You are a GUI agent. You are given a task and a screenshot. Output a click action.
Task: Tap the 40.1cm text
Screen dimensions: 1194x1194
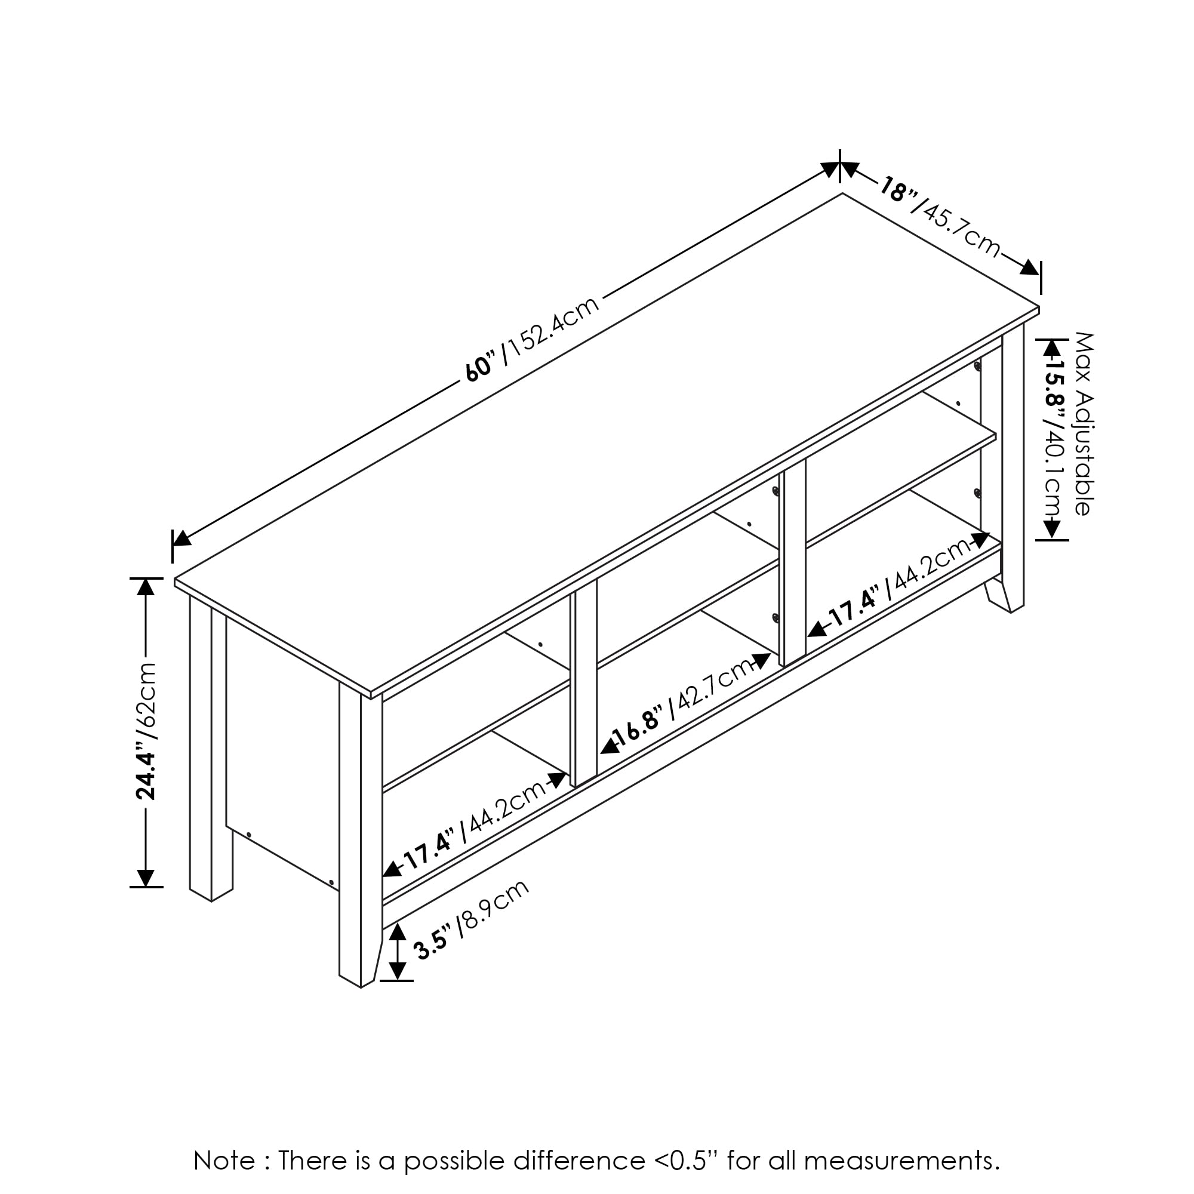pyautogui.click(x=1051, y=470)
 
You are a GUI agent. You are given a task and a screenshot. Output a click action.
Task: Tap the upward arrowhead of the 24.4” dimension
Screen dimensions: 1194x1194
pyautogui.click(x=145, y=585)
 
